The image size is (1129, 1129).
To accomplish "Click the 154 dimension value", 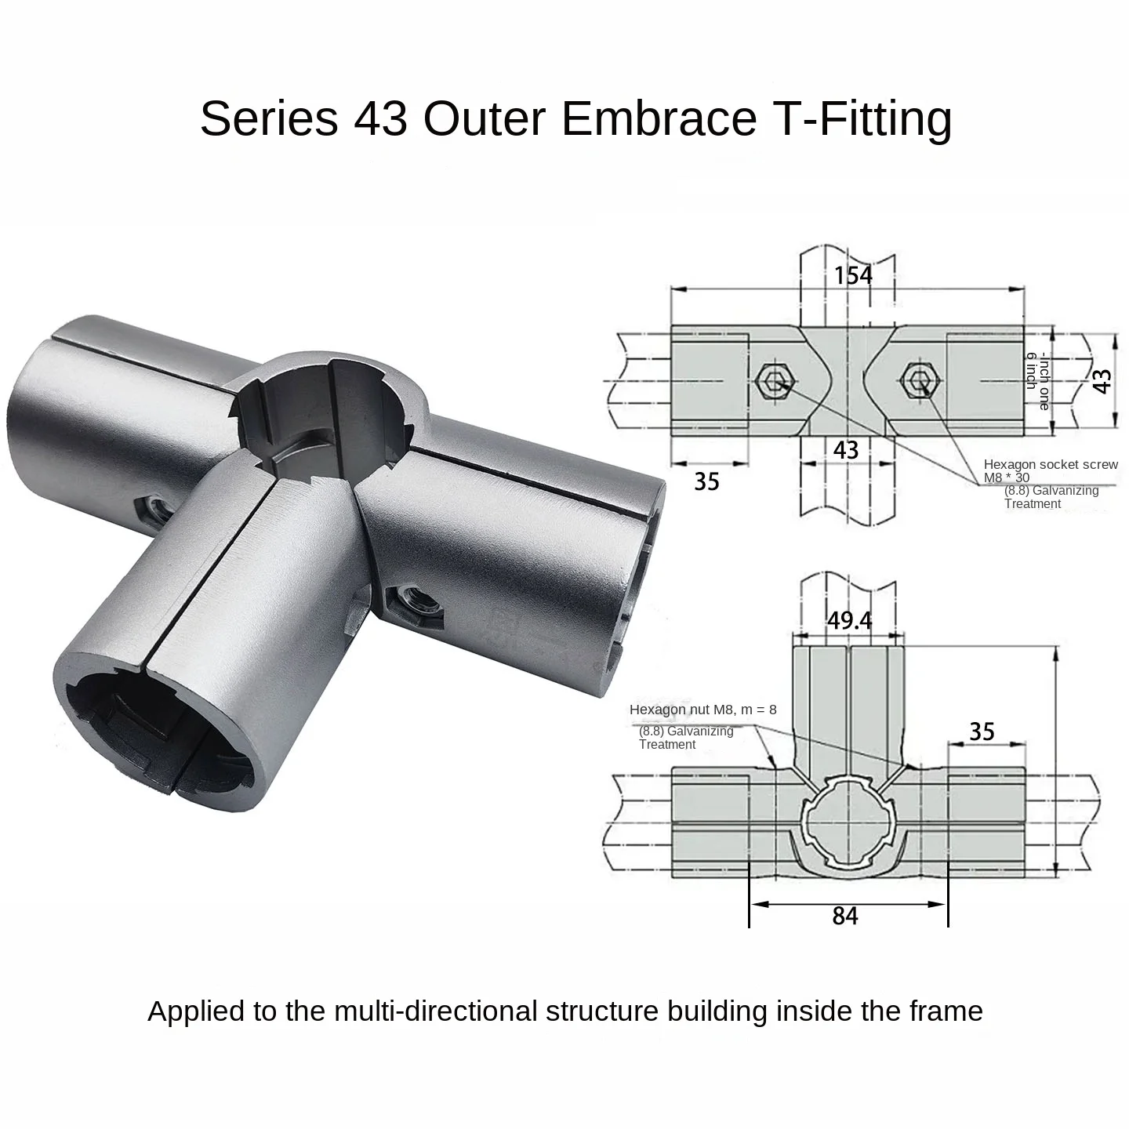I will (853, 275).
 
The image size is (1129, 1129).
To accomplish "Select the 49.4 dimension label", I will (850, 621).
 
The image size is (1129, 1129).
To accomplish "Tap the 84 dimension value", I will (845, 916).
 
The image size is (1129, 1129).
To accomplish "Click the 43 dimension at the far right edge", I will (1102, 381).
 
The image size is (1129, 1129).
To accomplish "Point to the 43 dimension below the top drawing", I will (845, 450).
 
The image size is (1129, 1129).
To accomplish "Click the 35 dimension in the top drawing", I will (706, 481).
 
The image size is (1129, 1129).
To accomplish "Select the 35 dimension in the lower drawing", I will (982, 731).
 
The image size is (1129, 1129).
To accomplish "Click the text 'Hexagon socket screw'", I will (1051, 465).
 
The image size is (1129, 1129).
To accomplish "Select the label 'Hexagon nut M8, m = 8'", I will (702, 710).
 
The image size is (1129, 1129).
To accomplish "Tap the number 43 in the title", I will (380, 118).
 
